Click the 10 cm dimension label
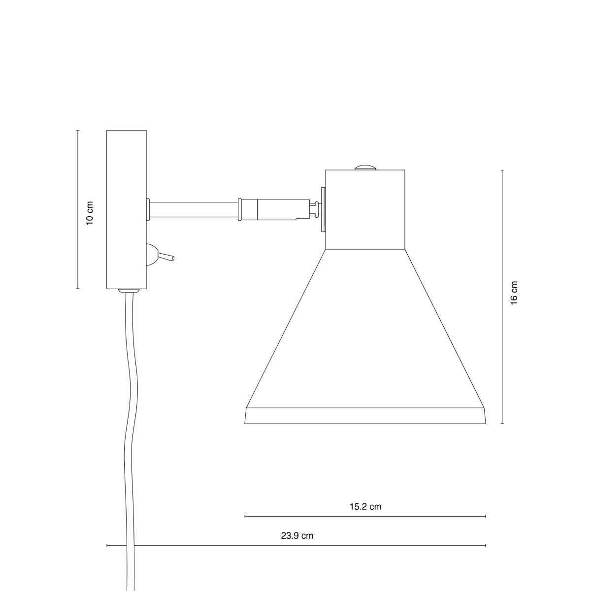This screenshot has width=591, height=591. point(90,213)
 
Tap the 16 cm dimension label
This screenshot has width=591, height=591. point(514,293)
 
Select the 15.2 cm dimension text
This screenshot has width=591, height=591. point(365,506)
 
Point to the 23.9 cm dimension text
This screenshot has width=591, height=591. point(297,536)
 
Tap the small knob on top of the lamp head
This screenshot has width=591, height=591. point(365,167)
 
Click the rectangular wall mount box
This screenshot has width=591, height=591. point(127,209)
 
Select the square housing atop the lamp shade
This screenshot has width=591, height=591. point(365,209)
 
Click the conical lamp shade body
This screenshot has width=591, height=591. point(365,328)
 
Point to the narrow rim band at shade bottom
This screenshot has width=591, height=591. point(365,416)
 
